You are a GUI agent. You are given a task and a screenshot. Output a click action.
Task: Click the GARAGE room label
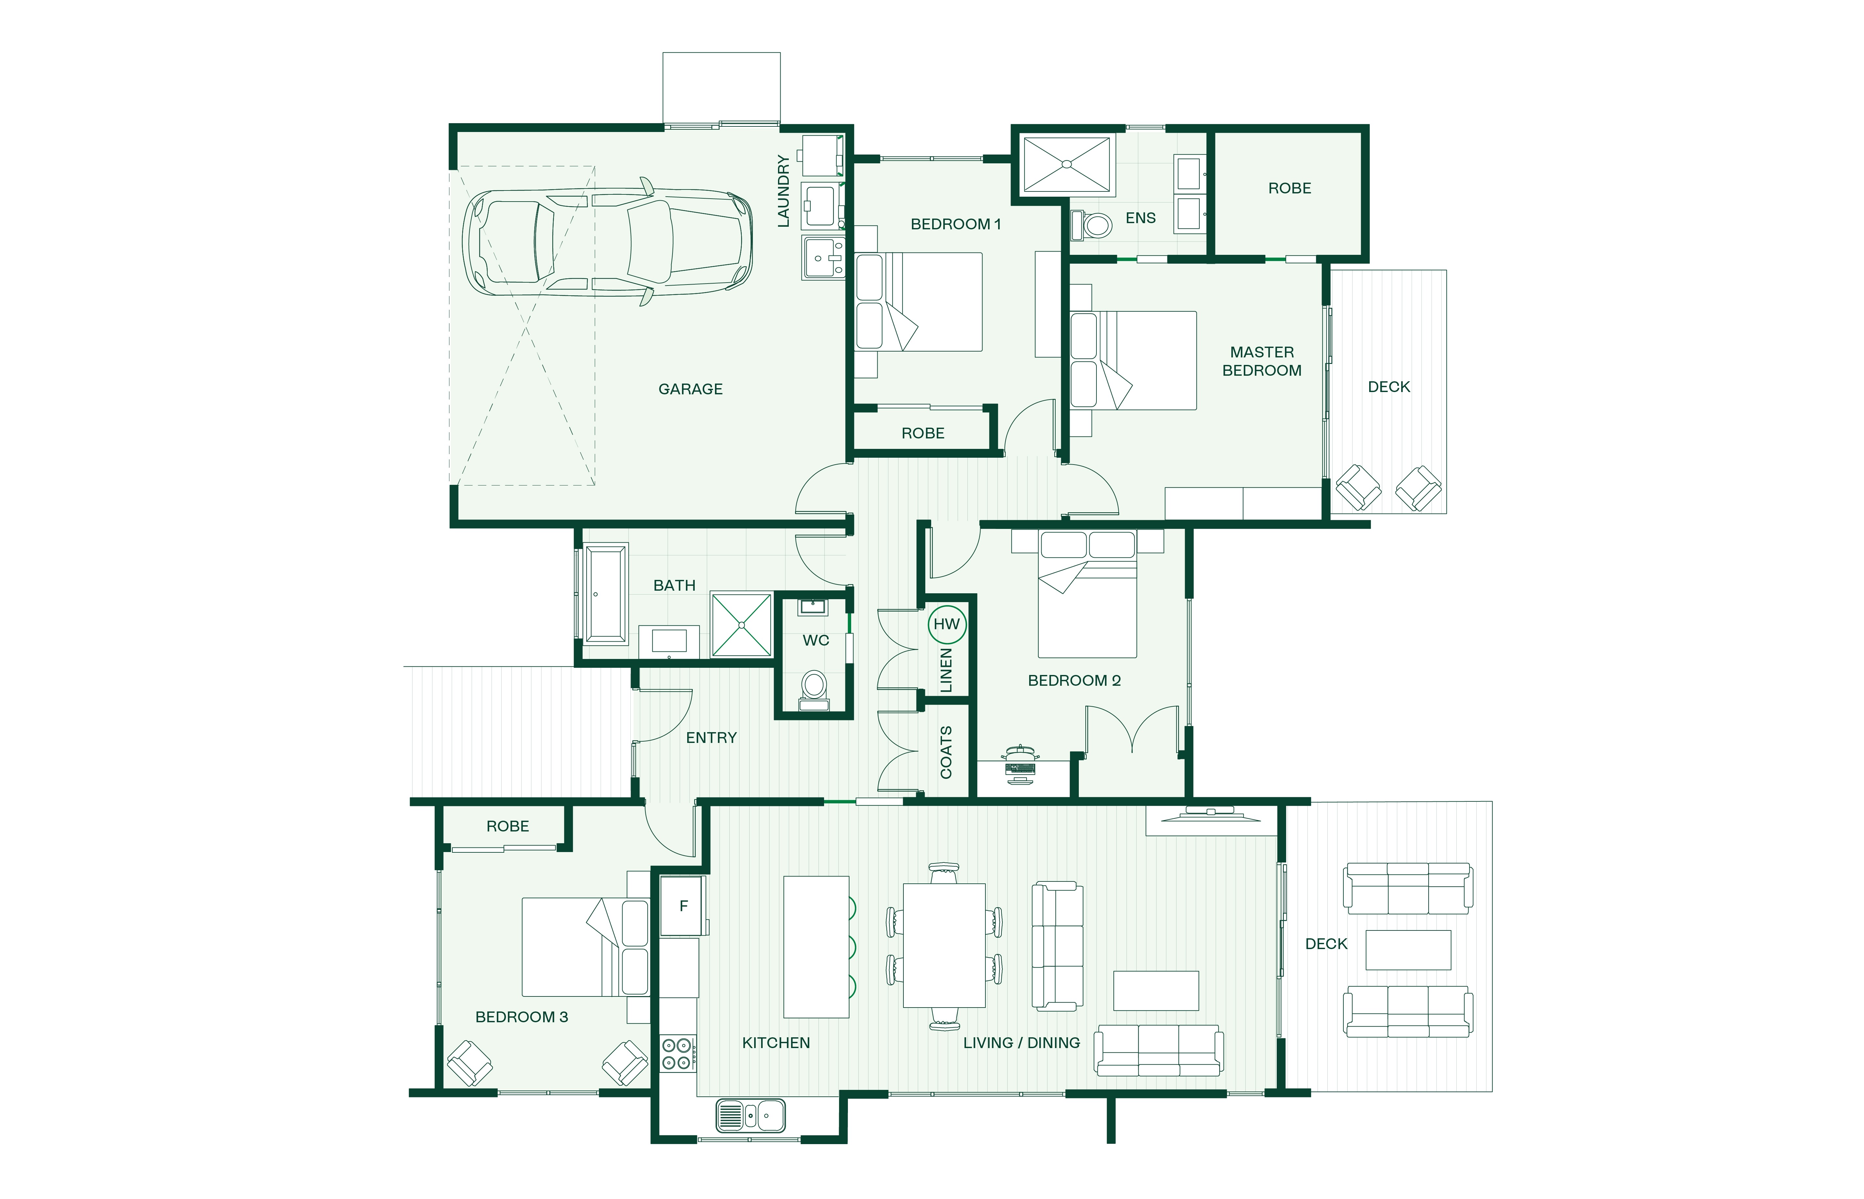[x=690, y=389]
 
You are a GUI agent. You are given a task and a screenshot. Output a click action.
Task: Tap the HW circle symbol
[x=947, y=624]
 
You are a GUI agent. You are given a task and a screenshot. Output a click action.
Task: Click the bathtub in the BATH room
[x=606, y=594]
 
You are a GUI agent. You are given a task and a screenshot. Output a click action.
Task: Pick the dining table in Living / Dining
[x=944, y=945]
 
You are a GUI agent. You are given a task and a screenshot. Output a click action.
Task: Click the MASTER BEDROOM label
[x=1262, y=361]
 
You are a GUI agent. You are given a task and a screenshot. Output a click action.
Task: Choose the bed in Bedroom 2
[x=1087, y=594]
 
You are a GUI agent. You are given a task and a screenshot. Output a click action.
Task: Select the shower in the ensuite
[x=1066, y=164]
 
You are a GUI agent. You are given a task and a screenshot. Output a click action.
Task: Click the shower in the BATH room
[x=742, y=625]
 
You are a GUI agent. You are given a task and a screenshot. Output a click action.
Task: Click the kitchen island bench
[x=816, y=947]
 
